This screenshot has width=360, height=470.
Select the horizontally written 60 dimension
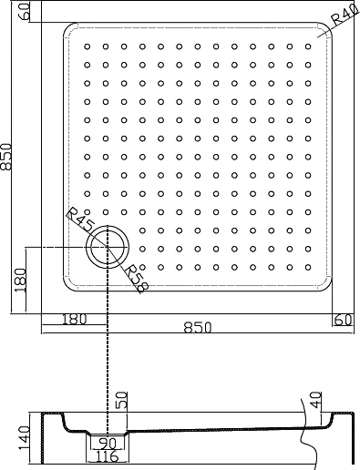[x=342, y=320]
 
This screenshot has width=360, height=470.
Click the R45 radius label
[x=79, y=220]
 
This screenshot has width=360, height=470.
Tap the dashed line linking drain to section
[x=108, y=364]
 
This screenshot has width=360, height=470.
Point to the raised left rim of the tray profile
[x=50, y=421]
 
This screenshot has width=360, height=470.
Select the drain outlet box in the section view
[x=108, y=442]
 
